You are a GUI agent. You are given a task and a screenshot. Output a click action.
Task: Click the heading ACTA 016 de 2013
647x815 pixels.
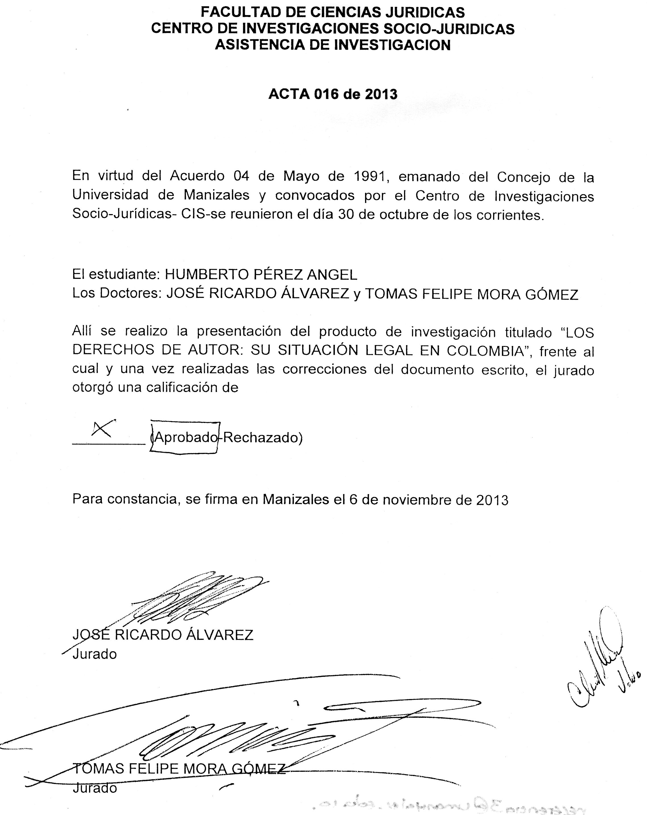coord(333,94)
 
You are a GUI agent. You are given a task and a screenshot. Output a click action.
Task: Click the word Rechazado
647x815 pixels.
coord(262,438)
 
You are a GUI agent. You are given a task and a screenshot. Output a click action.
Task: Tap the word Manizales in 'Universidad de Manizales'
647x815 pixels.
coord(217,195)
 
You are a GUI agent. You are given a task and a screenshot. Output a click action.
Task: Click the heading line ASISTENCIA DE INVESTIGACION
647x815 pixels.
coord(333,45)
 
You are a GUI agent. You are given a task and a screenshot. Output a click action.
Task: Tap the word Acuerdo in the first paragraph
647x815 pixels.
coord(197,176)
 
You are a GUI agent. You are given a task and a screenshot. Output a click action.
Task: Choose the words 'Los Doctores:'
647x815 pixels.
coord(117,293)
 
